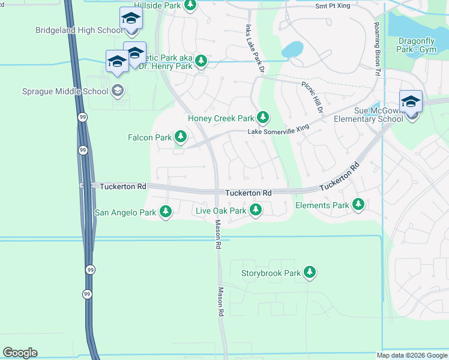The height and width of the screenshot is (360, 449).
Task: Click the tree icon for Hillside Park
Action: pyautogui.click(x=190, y=5)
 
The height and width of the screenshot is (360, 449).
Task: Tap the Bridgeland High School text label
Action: pyautogui.click(x=78, y=30)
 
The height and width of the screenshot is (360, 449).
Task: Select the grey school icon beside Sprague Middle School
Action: pyautogui.click(x=118, y=91)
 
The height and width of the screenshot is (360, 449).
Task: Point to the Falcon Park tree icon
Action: pyautogui.click(x=180, y=137)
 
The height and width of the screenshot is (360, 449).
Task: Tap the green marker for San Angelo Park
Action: pyautogui.click(x=165, y=212)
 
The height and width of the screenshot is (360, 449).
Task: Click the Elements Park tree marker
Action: pyautogui.click(x=358, y=205)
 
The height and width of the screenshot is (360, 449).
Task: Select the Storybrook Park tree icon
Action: pyautogui.click(x=310, y=273)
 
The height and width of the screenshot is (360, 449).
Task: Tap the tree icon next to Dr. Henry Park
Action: pyautogui.click(x=201, y=61)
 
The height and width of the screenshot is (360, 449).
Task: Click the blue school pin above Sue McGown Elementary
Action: pyautogui.click(x=411, y=101)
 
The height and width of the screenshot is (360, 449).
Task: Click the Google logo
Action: pyautogui.click(x=20, y=353)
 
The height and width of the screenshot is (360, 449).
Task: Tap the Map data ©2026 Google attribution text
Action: pyautogui.click(x=412, y=355)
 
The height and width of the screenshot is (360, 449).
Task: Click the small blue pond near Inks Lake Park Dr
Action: pyautogui.click(x=292, y=49)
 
